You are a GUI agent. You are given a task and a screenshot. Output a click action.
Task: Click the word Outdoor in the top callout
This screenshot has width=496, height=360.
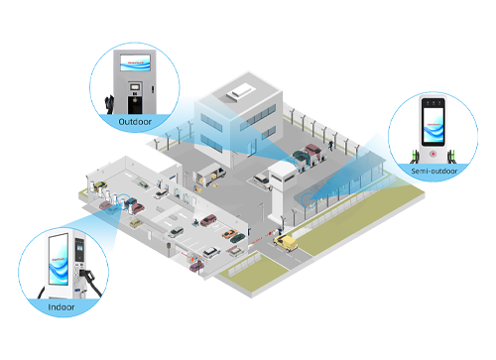click(x=135, y=122)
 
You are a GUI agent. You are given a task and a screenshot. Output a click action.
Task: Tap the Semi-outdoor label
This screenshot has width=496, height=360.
click(x=434, y=171)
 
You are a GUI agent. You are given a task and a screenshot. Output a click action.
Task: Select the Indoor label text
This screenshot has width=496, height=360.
click(x=62, y=307)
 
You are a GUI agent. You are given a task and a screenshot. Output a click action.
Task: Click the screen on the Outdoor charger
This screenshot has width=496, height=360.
click(x=135, y=62)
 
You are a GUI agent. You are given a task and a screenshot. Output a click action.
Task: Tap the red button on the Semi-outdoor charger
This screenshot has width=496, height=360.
click(x=433, y=154)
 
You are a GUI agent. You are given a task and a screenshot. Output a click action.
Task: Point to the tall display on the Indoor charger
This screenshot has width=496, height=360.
click(x=59, y=259)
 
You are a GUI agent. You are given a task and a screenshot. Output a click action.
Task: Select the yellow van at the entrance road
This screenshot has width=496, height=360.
click(x=286, y=243)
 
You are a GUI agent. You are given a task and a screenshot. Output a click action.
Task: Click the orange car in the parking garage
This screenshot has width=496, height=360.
click(x=229, y=233)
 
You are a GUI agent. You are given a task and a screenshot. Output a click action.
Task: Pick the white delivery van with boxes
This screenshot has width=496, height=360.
click(x=211, y=174)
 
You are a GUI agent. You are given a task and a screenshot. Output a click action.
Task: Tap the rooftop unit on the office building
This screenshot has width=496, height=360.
click(x=240, y=91)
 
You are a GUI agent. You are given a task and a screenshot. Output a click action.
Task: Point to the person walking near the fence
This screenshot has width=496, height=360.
click(x=330, y=145)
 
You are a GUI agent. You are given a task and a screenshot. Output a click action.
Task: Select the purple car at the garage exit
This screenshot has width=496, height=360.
click(x=196, y=266)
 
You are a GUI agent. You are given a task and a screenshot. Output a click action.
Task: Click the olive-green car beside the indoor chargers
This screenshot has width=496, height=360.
click(x=100, y=185)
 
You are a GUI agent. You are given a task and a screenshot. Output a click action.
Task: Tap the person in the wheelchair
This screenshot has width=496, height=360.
click(x=195, y=222)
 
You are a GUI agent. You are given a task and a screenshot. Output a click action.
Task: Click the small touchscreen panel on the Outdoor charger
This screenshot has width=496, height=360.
click(x=135, y=87)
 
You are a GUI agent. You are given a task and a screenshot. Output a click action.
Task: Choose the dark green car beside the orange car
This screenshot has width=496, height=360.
click(x=238, y=238)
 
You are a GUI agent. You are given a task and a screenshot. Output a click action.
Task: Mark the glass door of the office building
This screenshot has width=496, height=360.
click(x=253, y=147)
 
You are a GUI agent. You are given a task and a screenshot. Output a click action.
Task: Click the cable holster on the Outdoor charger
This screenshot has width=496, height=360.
click(x=109, y=103)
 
